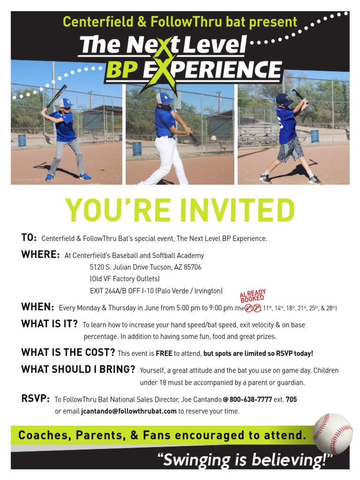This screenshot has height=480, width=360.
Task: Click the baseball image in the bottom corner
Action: point(332,434)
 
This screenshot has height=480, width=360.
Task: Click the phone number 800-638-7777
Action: point(251,399)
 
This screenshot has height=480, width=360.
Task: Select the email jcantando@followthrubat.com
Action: point(129,411)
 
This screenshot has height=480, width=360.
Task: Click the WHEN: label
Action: point(37,307)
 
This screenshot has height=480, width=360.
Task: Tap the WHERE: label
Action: point(40,255)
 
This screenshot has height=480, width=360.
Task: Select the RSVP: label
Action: point(36,399)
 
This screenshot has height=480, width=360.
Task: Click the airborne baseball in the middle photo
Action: point(214,138)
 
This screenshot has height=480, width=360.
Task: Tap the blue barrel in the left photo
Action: point(22,140)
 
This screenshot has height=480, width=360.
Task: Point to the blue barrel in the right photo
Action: point(315,136)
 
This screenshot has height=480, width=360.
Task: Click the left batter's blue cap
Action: point(66,102)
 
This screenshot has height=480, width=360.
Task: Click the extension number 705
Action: point(291,399)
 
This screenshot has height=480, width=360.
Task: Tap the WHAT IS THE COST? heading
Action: point(68,352)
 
